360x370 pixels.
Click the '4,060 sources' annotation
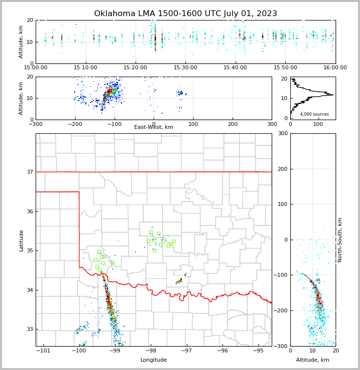click(314, 114)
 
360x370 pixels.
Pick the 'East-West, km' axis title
click(154, 127)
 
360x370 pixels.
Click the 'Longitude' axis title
click(154, 360)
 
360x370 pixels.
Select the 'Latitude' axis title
click(21, 240)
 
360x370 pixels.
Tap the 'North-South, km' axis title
click(340, 240)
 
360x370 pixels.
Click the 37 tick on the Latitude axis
click(30, 172)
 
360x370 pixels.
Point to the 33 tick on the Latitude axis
click(30, 329)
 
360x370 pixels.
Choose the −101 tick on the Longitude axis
click(43, 350)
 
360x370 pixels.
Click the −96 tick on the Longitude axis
click(222, 350)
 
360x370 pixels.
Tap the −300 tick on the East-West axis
click(36, 123)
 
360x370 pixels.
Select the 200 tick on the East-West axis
click(233, 123)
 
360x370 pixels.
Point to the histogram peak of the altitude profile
click(333, 95)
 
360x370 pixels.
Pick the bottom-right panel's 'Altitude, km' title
click(313, 360)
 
